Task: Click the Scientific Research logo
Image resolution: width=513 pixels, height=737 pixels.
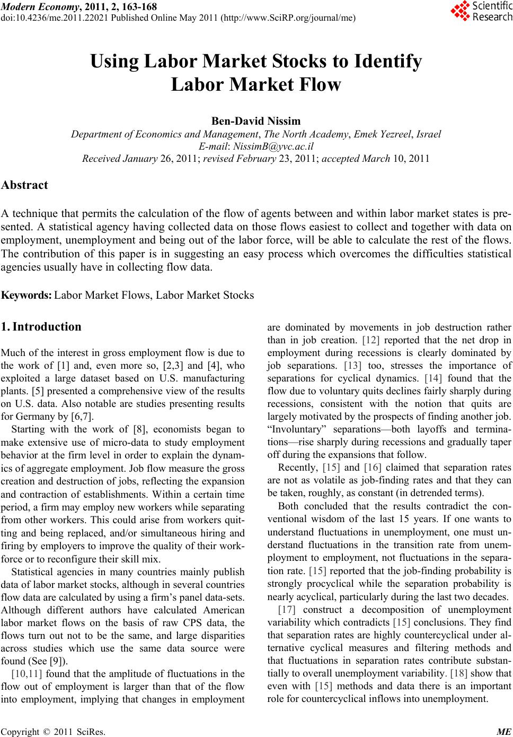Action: tap(481, 11)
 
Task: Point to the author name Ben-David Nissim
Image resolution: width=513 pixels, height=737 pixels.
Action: tap(256, 120)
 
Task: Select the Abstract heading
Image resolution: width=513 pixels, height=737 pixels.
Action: tap(25, 185)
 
